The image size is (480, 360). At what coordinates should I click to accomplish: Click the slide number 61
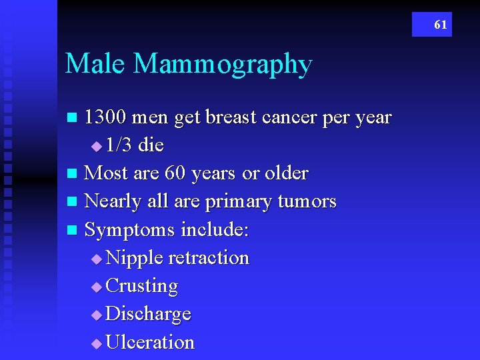[441, 25]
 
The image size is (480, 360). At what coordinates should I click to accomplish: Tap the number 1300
[106, 117]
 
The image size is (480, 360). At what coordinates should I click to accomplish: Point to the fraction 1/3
[119, 145]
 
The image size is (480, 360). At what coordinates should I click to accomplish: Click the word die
[151, 145]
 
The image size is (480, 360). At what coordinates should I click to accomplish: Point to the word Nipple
[135, 259]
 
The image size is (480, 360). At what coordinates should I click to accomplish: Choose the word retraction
[209, 258]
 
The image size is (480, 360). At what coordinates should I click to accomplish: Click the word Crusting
[142, 287]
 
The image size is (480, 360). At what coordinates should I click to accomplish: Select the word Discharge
[149, 315]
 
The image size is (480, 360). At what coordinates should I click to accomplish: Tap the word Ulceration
[150, 342]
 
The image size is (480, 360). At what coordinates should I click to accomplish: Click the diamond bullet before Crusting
[97, 287]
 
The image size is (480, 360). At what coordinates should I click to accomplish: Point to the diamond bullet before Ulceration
[97, 343]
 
